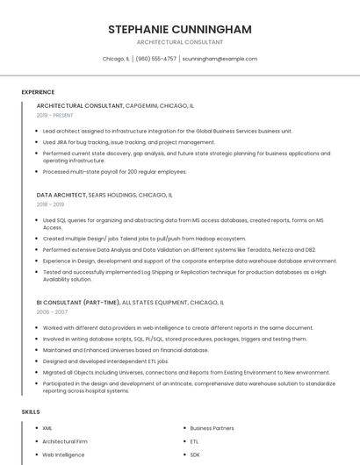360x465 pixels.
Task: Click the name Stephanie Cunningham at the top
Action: (179, 29)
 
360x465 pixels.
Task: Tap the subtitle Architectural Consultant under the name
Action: (179, 42)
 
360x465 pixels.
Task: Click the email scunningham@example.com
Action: (220, 59)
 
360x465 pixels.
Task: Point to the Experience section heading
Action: (38, 92)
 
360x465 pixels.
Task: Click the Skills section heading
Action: (31, 411)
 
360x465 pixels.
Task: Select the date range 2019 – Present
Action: (55, 115)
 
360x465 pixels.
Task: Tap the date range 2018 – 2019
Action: (52, 204)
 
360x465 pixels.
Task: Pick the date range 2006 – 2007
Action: (53, 311)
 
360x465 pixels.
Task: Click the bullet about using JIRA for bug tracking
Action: (128, 142)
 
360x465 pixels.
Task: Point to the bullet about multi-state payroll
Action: (114, 172)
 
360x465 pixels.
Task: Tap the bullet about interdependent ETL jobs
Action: (105, 361)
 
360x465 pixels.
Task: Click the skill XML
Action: (47, 428)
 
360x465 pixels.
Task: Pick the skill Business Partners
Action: (212, 428)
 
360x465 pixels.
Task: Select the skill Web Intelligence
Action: (63, 455)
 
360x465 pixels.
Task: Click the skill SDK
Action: (195, 455)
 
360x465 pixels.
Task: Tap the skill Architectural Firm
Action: (65, 441)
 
